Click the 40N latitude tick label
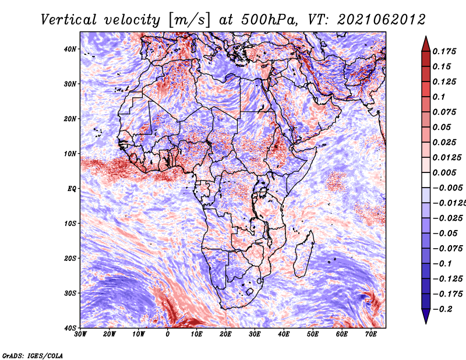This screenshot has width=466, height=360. pos(70,49)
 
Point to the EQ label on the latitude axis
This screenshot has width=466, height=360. pos(72,189)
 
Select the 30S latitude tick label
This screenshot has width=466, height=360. pos(70,293)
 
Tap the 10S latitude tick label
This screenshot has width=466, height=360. pos(70,223)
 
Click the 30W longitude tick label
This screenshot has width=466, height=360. pos(80,334)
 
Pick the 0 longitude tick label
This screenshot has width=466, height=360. pos(168,334)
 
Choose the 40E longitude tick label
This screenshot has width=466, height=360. pos(284,334)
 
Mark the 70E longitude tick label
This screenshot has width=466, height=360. pos(371,334)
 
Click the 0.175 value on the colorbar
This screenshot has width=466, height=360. pos(444,51)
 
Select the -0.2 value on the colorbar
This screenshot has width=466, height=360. pos(442,309)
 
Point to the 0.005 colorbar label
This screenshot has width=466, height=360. pos(444,172)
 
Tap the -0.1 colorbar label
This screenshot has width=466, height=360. pos(442,264)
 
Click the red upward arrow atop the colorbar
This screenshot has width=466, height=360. pos(426,44)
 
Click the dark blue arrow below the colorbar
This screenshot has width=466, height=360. pos(426,316)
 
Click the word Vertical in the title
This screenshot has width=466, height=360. pos(68,20)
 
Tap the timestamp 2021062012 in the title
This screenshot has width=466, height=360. pos(382,20)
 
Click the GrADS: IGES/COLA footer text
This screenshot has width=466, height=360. pos(33,355)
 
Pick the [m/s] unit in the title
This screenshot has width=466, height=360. pos(190,20)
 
